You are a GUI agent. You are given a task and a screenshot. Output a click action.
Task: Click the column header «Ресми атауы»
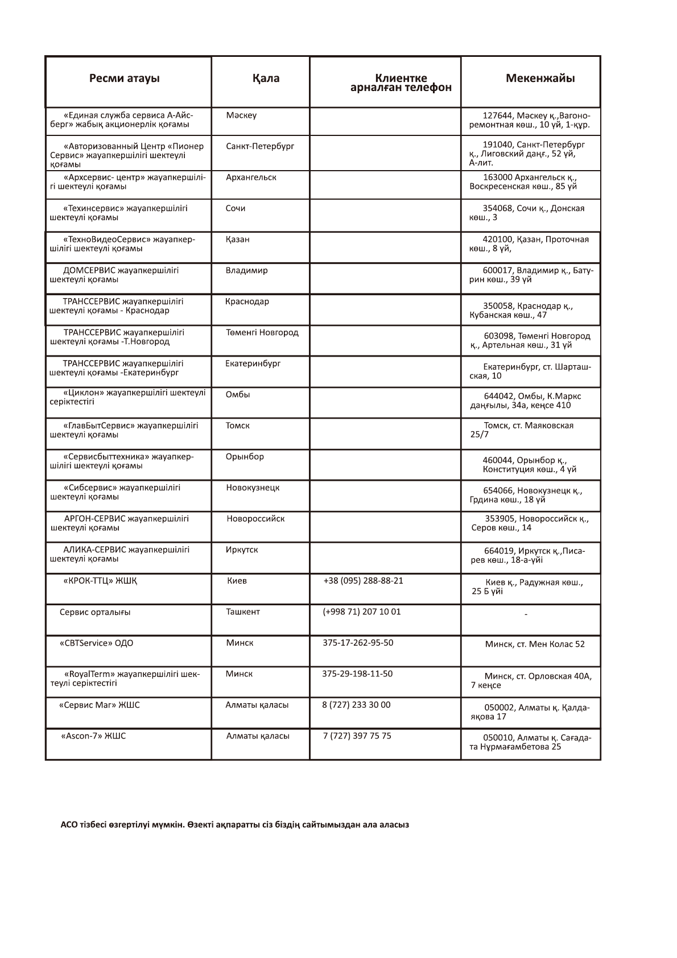coord(124,79)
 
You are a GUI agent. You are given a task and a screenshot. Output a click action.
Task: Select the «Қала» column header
coord(266,79)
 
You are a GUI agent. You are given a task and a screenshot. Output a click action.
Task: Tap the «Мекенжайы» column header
coord(539,79)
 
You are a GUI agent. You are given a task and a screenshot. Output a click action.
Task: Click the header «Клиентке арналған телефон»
coord(401,83)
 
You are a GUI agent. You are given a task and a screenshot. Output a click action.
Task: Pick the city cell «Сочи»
coord(236,208)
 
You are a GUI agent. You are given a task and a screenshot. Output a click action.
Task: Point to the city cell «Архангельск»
coord(251,177)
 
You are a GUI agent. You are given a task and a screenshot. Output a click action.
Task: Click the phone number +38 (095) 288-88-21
coord(363,581)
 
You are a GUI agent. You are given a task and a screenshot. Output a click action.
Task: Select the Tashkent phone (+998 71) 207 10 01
coord(361,612)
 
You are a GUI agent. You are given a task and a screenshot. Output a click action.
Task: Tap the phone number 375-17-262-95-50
coord(357,643)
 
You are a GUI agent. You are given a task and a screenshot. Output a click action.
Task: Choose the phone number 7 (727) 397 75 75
coord(357,736)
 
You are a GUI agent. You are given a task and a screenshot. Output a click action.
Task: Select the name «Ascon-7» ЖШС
coord(93,736)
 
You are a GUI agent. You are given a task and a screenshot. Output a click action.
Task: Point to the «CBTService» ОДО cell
coord(96,643)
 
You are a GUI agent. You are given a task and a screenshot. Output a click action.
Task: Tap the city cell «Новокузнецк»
coord(253,488)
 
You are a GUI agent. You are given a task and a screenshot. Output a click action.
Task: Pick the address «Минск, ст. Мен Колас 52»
coord(534,644)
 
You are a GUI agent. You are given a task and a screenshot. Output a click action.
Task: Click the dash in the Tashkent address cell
coord(526,614)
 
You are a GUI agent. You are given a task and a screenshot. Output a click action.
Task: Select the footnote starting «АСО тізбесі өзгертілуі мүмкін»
coord(234,824)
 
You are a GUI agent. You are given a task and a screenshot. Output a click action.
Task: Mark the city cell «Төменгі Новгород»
coord(262,332)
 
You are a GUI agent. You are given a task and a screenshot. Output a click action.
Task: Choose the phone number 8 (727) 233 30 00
coord(356,705)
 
